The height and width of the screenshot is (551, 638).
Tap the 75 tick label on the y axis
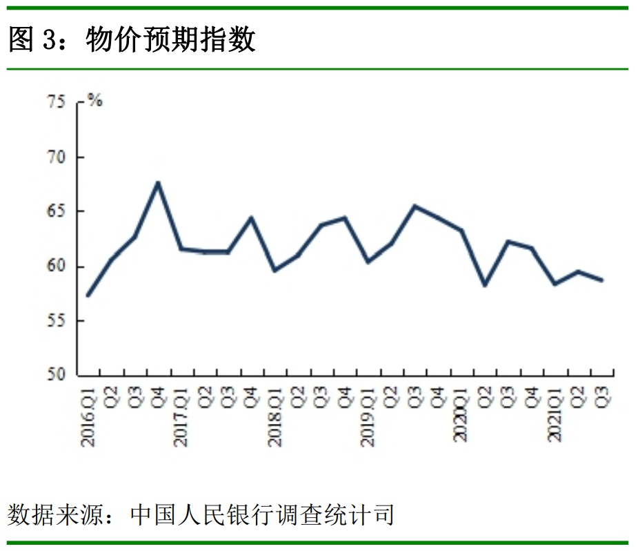point(56,103)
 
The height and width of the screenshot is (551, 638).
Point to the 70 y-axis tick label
point(56,157)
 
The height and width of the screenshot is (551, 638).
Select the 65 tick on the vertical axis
point(56,212)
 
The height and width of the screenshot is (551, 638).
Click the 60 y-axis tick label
point(56,267)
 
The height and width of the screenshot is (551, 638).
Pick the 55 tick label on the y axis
point(56,321)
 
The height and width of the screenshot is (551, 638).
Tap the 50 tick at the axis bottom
point(56,376)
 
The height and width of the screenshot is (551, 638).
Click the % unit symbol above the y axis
point(94,101)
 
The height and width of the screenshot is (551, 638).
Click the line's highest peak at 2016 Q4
point(158,182)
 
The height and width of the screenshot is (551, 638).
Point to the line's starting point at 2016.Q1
point(88,296)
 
